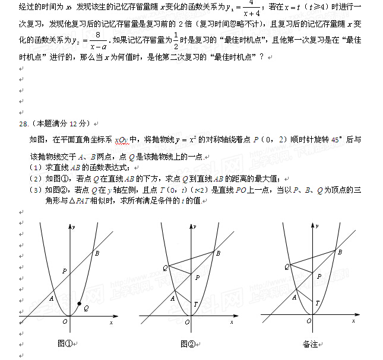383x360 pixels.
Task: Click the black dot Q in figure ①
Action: click(80, 304)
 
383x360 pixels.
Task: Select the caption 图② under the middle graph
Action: click(188, 343)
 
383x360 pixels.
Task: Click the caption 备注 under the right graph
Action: click(310, 343)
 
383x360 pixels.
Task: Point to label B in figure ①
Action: click(97, 253)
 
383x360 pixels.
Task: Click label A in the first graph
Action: click(52, 298)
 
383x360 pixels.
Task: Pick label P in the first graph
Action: click(64, 271)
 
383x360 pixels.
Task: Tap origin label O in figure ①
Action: click(65, 321)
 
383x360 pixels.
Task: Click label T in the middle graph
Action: click(197, 304)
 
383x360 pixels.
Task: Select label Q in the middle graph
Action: click(165, 267)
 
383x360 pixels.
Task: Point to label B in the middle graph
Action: click(218, 253)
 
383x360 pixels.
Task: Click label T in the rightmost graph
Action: click(317, 303)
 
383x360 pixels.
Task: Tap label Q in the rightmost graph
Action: click(286, 266)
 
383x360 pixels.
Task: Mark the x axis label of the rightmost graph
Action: click(353, 321)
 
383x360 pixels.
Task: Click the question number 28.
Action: click(24, 123)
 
